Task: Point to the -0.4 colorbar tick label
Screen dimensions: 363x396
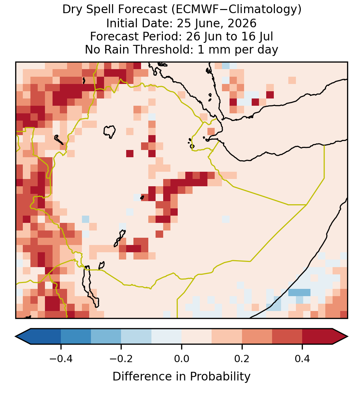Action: click(x=60, y=359)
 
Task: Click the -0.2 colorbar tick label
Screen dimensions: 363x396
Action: click(x=121, y=359)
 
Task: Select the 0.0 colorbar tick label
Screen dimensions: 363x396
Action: click(x=181, y=359)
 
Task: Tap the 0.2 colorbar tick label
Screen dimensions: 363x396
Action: click(x=242, y=359)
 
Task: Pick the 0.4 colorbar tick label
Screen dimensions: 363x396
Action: click(x=302, y=359)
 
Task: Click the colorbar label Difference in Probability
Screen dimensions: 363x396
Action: click(x=181, y=377)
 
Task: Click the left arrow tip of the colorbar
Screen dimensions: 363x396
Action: click(x=16, y=337)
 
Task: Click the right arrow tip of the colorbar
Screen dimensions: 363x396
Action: click(x=348, y=337)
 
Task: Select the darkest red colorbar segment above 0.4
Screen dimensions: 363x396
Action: click(x=317, y=337)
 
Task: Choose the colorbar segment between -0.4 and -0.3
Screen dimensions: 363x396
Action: click(x=76, y=337)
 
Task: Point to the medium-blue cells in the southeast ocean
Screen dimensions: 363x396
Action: click(x=299, y=292)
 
